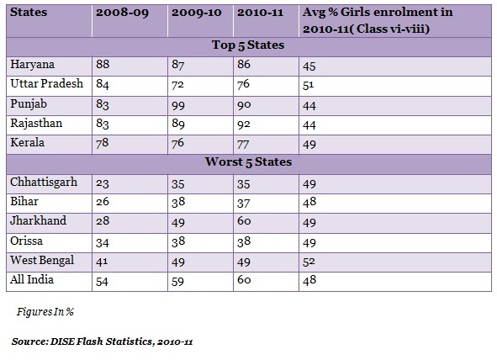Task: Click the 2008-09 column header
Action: (122, 13)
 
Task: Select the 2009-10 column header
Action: (196, 13)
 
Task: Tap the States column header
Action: (29, 12)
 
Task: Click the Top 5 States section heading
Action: (248, 45)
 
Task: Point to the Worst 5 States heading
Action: (248, 162)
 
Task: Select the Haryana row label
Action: (32, 65)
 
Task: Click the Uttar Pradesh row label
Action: (46, 83)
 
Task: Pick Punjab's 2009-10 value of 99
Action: (178, 105)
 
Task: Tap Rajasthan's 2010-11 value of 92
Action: (244, 124)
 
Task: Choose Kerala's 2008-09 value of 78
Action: (103, 143)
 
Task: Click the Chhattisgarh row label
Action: (44, 183)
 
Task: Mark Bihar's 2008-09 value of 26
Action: (103, 202)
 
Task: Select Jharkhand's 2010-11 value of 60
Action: (244, 220)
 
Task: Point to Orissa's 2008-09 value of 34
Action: (103, 243)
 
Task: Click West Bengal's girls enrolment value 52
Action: (309, 262)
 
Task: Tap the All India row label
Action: (32, 279)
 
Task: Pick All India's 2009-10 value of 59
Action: (177, 282)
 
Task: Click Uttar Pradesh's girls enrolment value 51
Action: (308, 86)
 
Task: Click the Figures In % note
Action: (45, 312)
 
